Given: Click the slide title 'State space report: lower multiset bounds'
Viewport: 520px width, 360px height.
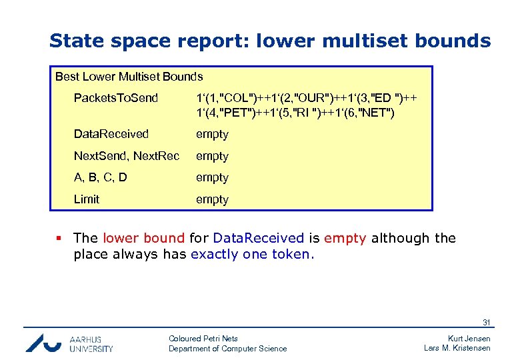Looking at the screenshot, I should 270,41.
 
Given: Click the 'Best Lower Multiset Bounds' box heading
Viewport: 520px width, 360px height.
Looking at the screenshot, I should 129,77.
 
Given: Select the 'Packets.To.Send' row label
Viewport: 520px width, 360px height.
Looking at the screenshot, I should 116,99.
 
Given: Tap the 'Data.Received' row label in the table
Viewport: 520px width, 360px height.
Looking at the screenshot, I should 111,134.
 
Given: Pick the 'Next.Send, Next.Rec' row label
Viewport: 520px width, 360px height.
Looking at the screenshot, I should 127,156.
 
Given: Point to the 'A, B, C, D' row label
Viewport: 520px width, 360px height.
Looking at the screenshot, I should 100,177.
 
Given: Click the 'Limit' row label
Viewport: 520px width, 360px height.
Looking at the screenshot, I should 87,199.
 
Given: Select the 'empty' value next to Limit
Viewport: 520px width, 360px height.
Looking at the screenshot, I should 212,199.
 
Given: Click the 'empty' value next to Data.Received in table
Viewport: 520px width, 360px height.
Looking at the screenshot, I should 212,134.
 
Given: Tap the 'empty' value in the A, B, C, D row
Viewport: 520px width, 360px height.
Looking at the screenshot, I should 212,177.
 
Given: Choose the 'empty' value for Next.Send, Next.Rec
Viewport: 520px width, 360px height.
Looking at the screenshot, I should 212,156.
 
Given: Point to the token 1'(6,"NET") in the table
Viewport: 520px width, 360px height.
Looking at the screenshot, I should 364,112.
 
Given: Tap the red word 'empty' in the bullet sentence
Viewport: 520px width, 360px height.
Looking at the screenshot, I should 345,238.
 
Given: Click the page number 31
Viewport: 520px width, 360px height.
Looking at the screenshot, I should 486,323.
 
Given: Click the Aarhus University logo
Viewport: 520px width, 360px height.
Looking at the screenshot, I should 69,342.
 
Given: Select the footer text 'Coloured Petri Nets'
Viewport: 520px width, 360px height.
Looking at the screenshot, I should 203,339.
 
